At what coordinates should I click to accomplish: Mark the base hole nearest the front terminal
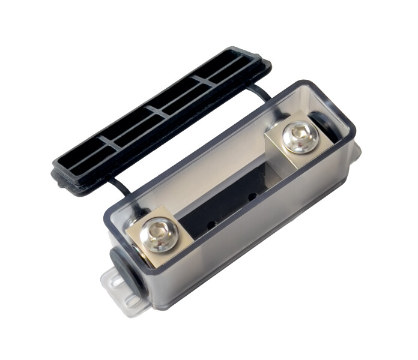(x=210, y=226)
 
